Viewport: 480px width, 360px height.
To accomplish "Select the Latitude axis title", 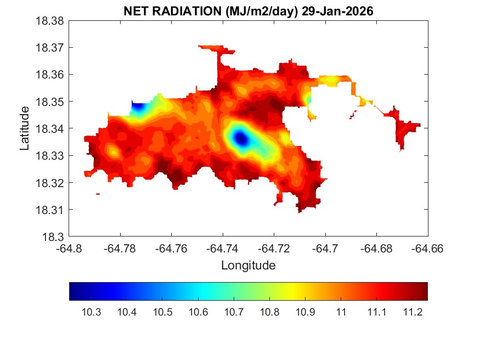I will pos(25,128).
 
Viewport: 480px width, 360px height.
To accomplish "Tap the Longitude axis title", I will pos(248,266).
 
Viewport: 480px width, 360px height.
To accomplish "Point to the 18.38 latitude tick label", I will pos(50,21).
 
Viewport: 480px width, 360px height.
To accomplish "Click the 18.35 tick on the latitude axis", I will pos(50,102).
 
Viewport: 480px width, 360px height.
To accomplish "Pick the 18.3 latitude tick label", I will pos(55,237).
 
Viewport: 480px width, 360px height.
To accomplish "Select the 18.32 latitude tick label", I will pos(50,183).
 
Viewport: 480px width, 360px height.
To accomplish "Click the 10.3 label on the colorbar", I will pos(91,313).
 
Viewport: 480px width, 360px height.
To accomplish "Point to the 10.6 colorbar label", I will pos(198,313).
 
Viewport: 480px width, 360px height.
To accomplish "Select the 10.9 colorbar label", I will pos(305,313).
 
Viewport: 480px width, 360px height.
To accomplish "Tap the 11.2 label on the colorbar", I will pos(412,313).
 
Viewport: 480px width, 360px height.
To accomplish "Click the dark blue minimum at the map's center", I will pos(241,140).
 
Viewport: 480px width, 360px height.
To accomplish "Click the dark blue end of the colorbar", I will pos(73,291).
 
